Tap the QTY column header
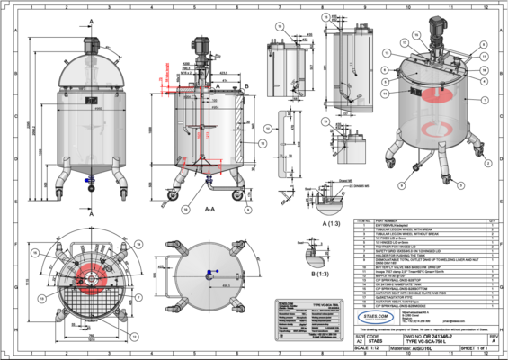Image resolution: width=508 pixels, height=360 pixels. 492,219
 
